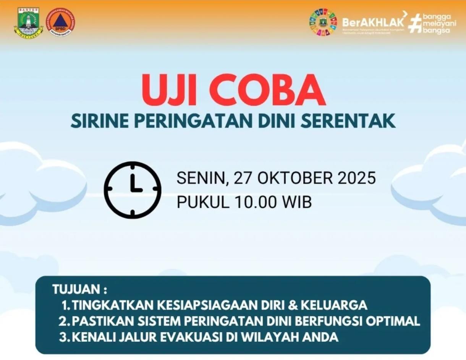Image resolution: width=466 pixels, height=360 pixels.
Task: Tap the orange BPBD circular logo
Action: pos(60,23)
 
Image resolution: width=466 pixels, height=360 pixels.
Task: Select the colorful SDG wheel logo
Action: pos(323,22)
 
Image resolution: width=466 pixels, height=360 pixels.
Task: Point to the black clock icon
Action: pos(133,190)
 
